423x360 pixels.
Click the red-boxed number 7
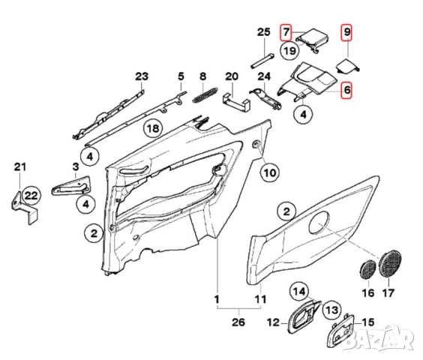[286, 32]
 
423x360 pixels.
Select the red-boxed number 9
[346, 32]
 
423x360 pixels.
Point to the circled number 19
[290, 51]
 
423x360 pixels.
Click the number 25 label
[262, 31]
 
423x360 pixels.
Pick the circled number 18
[153, 128]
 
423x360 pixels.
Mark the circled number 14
[299, 292]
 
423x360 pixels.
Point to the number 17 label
[388, 295]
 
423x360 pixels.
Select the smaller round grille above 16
[367, 267]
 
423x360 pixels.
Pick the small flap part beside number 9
[346, 65]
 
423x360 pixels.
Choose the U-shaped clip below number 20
[236, 100]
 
